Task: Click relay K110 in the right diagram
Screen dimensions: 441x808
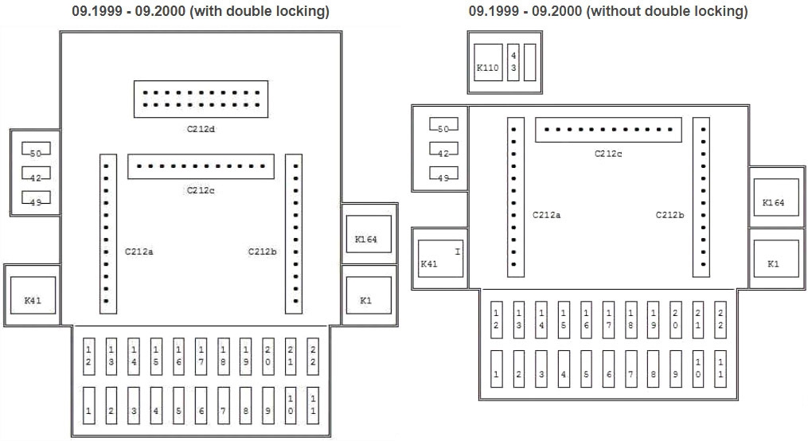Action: (487, 68)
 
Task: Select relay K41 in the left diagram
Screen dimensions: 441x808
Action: (33, 299)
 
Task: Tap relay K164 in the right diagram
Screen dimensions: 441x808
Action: (773, 202)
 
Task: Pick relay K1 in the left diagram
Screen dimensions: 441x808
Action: (365, 300)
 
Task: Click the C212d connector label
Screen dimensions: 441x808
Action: (201, 127)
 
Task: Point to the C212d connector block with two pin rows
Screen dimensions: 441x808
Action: (201, 98)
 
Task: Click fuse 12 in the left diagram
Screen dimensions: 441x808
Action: (89, 356)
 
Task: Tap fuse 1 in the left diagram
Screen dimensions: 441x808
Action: (89, 410)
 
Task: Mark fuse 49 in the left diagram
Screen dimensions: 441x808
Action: (36, 201)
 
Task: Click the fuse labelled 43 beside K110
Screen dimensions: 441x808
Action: (513, 62)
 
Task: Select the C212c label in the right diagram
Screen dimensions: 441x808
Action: (608, 154)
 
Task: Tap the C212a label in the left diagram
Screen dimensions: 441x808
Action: (139, 252)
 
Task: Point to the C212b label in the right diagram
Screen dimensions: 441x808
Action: (669, 215)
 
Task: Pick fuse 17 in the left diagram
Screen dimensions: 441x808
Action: (201, 356)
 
